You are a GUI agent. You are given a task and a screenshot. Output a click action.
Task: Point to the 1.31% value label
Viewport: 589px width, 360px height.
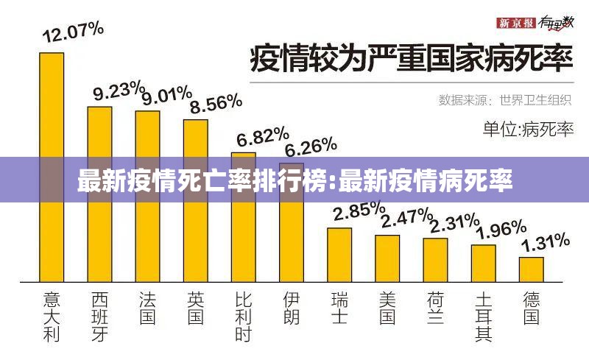(546, 241)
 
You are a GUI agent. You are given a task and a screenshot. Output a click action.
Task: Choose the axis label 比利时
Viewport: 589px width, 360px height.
(244, 316)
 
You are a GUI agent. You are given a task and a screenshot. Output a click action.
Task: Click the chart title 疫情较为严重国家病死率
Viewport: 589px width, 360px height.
(412, 58)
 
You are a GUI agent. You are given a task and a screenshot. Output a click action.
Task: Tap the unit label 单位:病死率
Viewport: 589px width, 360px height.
(527, 130)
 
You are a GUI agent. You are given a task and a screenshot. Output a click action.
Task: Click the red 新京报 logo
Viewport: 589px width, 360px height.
(515, 23)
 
